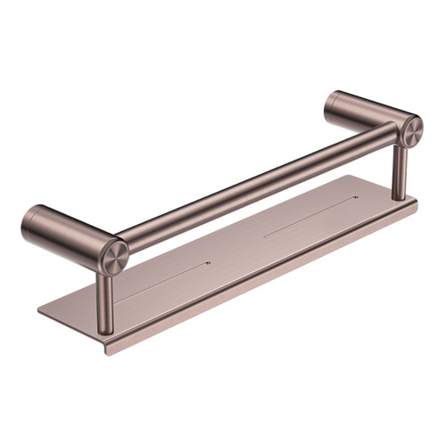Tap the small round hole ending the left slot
pos(209,263)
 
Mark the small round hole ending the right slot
pos(358,198)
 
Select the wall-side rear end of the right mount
pos(329,100)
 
